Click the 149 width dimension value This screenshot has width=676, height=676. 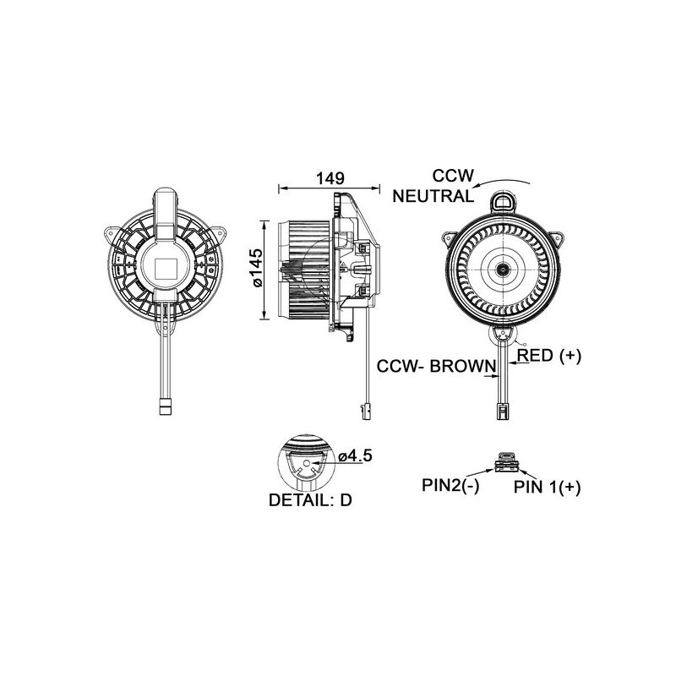pyautogui.click(x=330, y=178)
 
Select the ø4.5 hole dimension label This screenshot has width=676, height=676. pyautogui.click(x=355, y=456)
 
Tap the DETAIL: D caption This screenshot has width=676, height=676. pyautogui.click(x=309, y=499)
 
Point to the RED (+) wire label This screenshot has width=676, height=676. pyautogui.click(x=549, y=357)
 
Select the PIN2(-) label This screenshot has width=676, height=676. pyautogui.click(x=450, y=486)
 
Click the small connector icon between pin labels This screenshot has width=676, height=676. pyautogui.click(x=504, y=461)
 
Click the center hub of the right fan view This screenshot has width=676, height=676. pyautogui.click(x=504, y=270)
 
